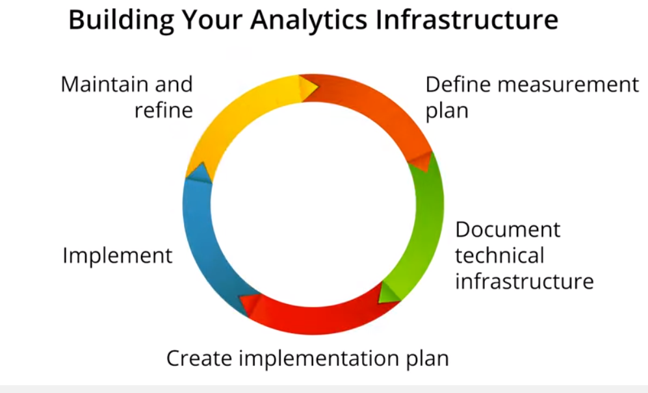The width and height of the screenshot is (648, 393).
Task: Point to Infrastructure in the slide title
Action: [467, 19]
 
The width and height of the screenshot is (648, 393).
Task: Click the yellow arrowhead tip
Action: [318, 87]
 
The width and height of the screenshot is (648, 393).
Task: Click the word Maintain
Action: [105, 84]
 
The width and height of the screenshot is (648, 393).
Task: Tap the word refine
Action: [164, 110]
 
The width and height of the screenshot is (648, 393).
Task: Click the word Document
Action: [508, 229]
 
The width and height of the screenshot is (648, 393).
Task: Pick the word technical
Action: [500, 255]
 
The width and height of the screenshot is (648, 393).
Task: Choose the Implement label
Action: [118, 256]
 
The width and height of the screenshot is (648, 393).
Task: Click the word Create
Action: [199, 358]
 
